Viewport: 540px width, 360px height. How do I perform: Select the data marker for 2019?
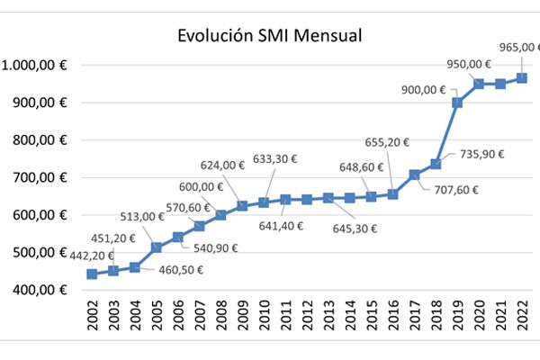click(x=457, y=103)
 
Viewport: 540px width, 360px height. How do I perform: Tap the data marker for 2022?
click(x=521, y=78)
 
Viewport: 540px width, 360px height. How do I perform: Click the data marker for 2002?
click(x=92, y=274)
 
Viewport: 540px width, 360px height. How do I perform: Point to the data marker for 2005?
click(x=156, y=247)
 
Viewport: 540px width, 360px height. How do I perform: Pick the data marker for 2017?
click(x=414, y=175)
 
